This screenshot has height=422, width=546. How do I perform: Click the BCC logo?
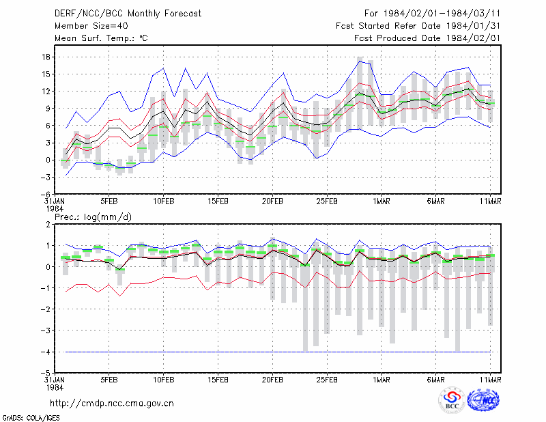452,401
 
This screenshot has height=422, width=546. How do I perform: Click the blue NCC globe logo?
483,400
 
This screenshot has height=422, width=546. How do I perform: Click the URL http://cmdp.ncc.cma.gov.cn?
112,404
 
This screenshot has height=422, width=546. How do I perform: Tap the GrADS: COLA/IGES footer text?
31,418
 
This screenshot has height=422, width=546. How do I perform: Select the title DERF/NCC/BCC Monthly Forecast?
128,14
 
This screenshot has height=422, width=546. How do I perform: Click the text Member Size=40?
91,26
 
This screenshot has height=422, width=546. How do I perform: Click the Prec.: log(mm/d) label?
93,217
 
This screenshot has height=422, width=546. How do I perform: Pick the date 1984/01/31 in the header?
473,26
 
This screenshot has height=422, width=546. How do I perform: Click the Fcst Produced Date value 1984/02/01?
473,38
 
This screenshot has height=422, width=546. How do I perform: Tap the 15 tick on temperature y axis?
46,74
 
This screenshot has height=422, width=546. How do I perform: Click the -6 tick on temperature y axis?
46,195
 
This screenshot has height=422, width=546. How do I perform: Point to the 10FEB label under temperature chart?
163,201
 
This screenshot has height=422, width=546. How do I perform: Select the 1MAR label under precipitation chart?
382,380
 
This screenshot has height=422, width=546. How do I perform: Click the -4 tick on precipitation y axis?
46,352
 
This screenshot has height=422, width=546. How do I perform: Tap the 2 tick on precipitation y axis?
48,225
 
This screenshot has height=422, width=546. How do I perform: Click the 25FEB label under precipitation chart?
327,380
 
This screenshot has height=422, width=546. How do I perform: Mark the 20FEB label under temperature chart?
272,201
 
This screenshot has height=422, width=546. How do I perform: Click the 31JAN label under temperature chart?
55,201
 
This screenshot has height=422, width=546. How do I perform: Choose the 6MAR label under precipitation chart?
436,380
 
